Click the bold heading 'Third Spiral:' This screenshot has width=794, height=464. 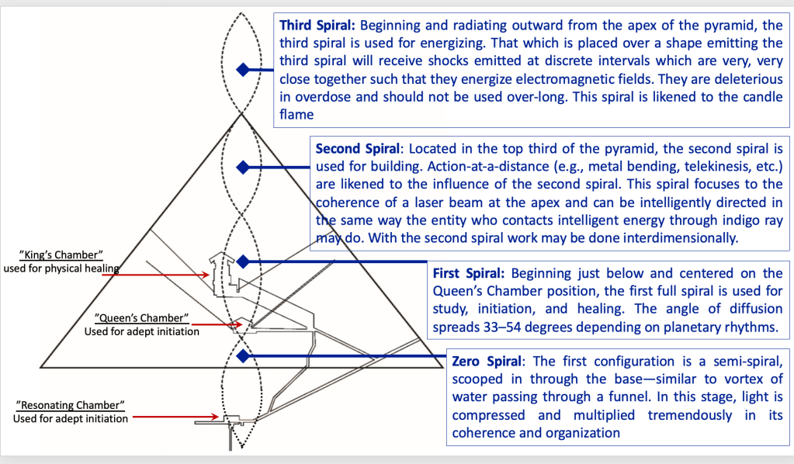(317, 26)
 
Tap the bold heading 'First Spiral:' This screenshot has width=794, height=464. (469, 274)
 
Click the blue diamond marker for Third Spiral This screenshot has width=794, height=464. (244, 70)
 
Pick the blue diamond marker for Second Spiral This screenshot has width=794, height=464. (243, 168)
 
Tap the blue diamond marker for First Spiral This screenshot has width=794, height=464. (243, 261)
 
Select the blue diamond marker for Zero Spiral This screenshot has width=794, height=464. (243, 356)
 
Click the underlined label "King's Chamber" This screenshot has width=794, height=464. (68, 255)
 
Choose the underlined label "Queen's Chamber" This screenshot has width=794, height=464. (142, 318)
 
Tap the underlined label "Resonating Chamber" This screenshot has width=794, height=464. (70, 406)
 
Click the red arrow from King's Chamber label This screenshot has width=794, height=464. (167, 274)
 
